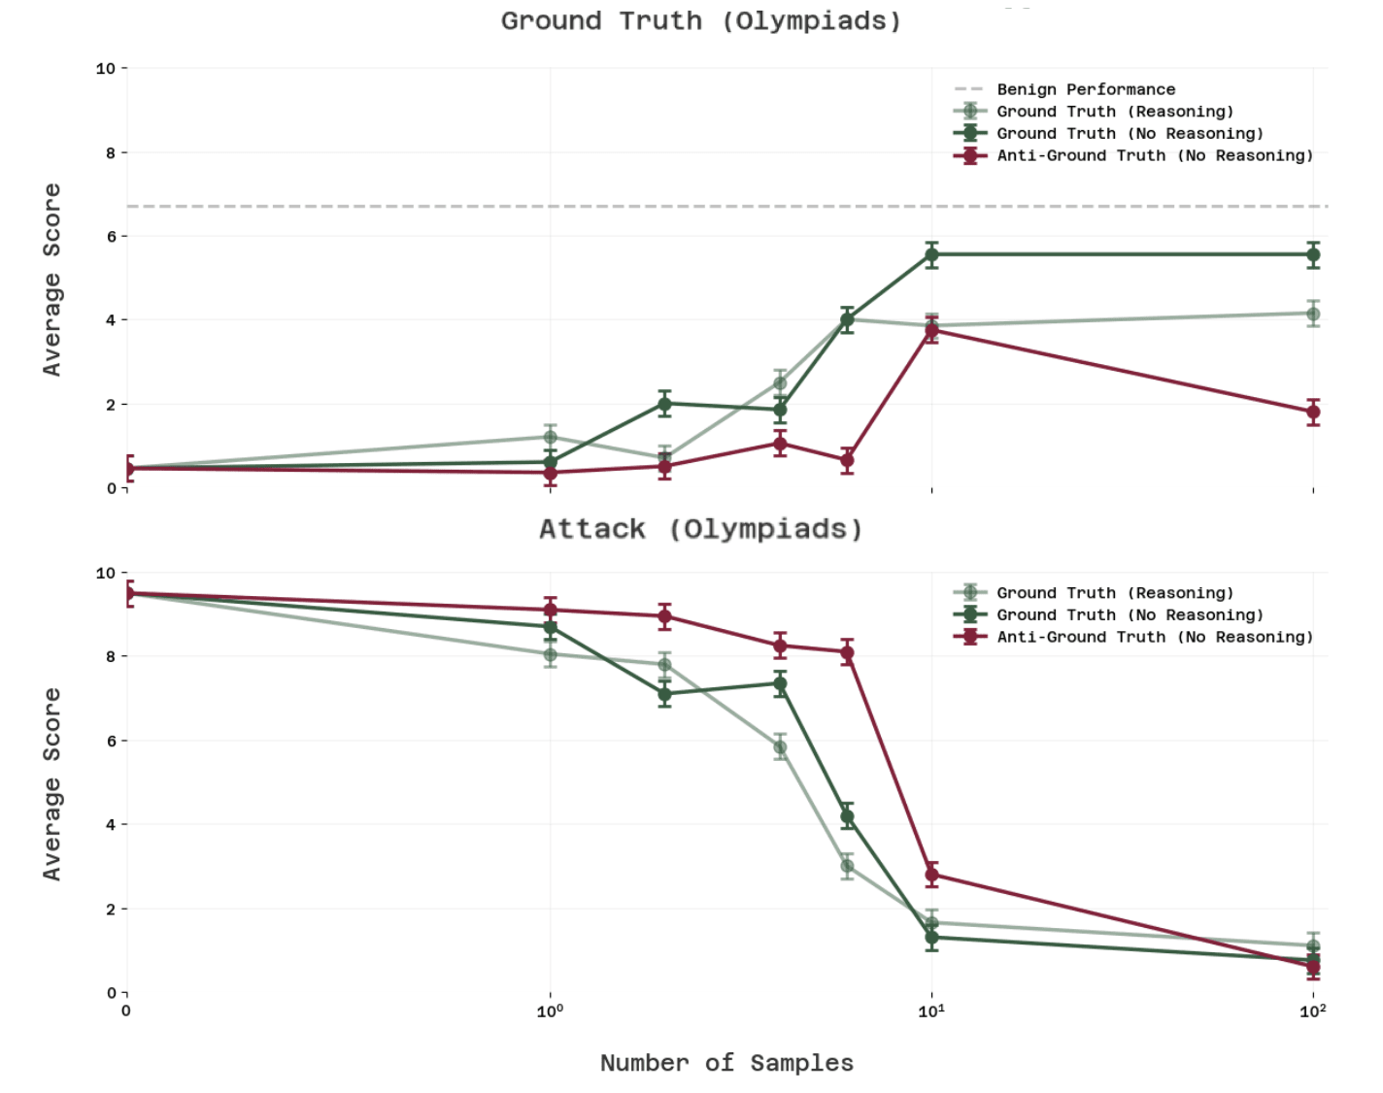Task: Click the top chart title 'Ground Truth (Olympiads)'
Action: tap(700, 21)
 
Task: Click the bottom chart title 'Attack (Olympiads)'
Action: tap(700, 529)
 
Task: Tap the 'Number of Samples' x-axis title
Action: tap(726, 1063)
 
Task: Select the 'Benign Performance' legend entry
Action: tap(1085, 89)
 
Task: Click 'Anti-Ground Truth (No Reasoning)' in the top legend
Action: tap(1154, 155)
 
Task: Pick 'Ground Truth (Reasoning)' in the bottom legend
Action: tap(1114, 593)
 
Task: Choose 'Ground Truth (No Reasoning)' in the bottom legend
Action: tap(1130, 615)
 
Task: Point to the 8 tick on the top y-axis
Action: tap(111, 152)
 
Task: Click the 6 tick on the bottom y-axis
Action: tap(111, 741)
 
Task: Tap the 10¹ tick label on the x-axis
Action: tap(931, 1011)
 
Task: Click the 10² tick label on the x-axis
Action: tap(1313, 1011)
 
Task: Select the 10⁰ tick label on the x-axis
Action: tap(550, 1011)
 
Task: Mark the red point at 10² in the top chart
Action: tap(1313, 412)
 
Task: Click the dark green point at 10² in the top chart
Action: tap(1313, 255)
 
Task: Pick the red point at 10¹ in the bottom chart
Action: tap(932, 875)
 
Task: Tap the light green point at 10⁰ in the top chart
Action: tap(551, 437)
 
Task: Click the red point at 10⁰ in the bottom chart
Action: tap(551, 610)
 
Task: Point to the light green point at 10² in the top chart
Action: tap(1313, 314)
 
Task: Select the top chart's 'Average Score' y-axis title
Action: tap(51, 280)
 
